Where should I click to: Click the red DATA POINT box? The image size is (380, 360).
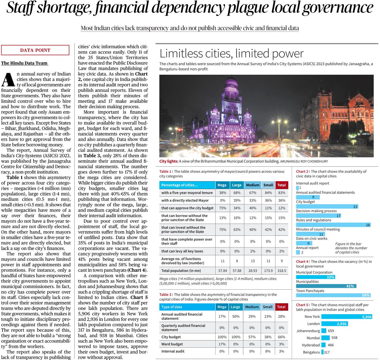pos(35,50)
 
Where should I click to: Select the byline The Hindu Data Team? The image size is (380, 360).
pos(24,63)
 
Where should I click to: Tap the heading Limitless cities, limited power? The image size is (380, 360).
pos(231,53)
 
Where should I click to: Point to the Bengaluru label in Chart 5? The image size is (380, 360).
pos(311,352)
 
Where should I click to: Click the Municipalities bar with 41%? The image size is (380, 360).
pos(326,286)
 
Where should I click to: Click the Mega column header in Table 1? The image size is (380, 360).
pos(222,185)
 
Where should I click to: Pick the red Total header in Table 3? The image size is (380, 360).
pos(281,307)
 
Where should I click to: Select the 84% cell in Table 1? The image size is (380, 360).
pos(268,193)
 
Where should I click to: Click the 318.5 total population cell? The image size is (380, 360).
pos(282,271)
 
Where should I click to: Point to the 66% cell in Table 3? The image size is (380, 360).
pos(281,337)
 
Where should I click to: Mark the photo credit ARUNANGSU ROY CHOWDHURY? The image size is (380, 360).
pos(304,161)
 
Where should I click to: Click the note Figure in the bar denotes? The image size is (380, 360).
pos(351,248)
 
